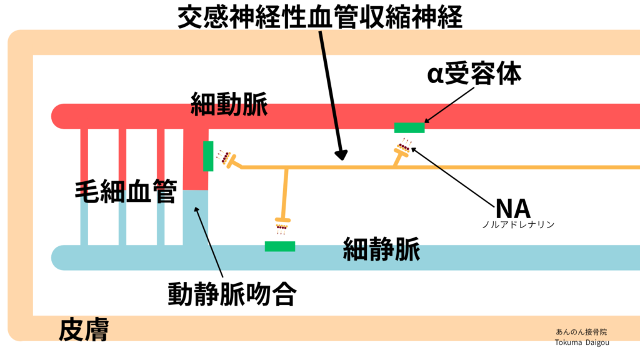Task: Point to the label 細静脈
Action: pyautogui.click(x=381, y=251)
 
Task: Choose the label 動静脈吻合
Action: pyautogui.click(x=231, y=294)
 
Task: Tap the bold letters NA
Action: pyautogui.click(x=512, y=207)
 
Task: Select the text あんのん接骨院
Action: pyautogui.click(x=581, y=332)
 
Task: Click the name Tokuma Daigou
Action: pyautogui.click(x=581, y=342)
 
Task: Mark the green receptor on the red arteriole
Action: pyautogui.click(x=409, y=128)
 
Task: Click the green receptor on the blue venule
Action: pyautogui.click(x=280, y=246)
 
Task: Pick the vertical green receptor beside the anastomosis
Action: pyautogui.click(x=208, y=156)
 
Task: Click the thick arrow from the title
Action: pyautogui.click(x=331, y=94)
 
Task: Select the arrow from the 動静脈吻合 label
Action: pyautogui.click(x=210, y=244)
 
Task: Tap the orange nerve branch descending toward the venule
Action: pyautogui.click(x=286, y=194)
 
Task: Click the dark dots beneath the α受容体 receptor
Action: pyautogui.click(x=404, y=147)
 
